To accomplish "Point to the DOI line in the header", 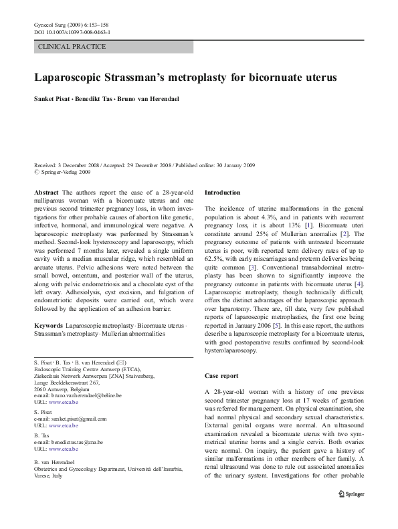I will pos(72,32).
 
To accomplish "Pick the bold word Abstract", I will pos(45,191).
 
